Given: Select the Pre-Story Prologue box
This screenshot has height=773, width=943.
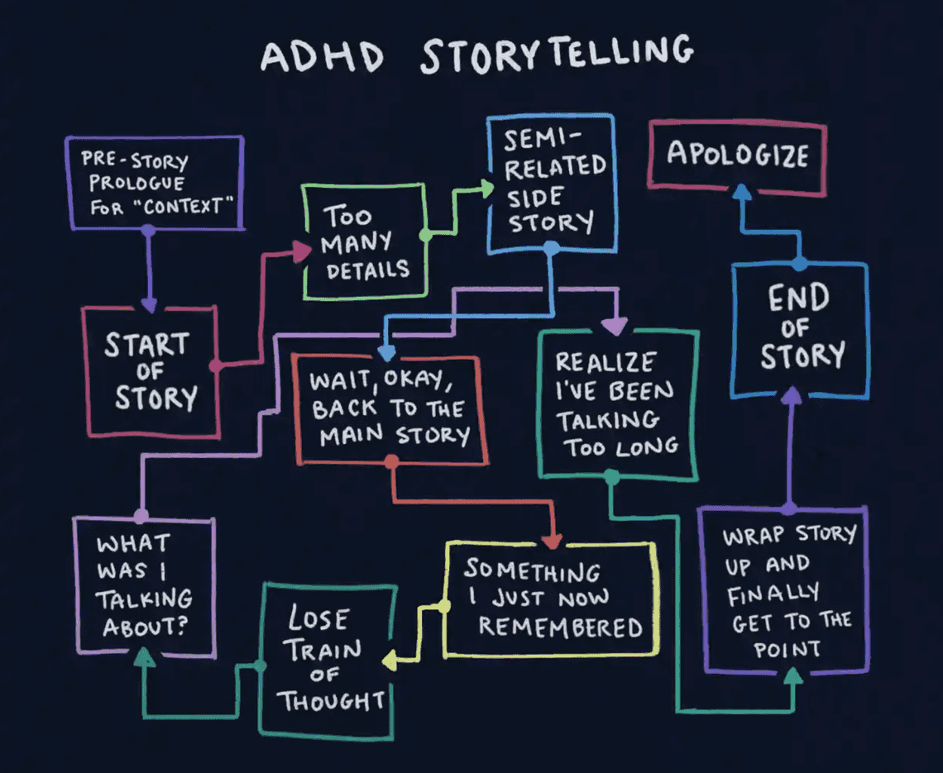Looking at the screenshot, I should point(154,183).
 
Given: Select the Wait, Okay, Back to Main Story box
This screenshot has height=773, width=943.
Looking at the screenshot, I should point(389,408).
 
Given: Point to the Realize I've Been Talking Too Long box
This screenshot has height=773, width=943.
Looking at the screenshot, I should point(616,404).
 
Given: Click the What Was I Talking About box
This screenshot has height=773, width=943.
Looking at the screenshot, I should point(144,585).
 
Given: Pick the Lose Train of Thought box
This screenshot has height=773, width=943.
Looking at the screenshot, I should point(327,659).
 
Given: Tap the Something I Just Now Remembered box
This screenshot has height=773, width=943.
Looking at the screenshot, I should point(552,598).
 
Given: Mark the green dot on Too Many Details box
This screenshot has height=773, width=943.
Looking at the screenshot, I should point(426,236).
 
